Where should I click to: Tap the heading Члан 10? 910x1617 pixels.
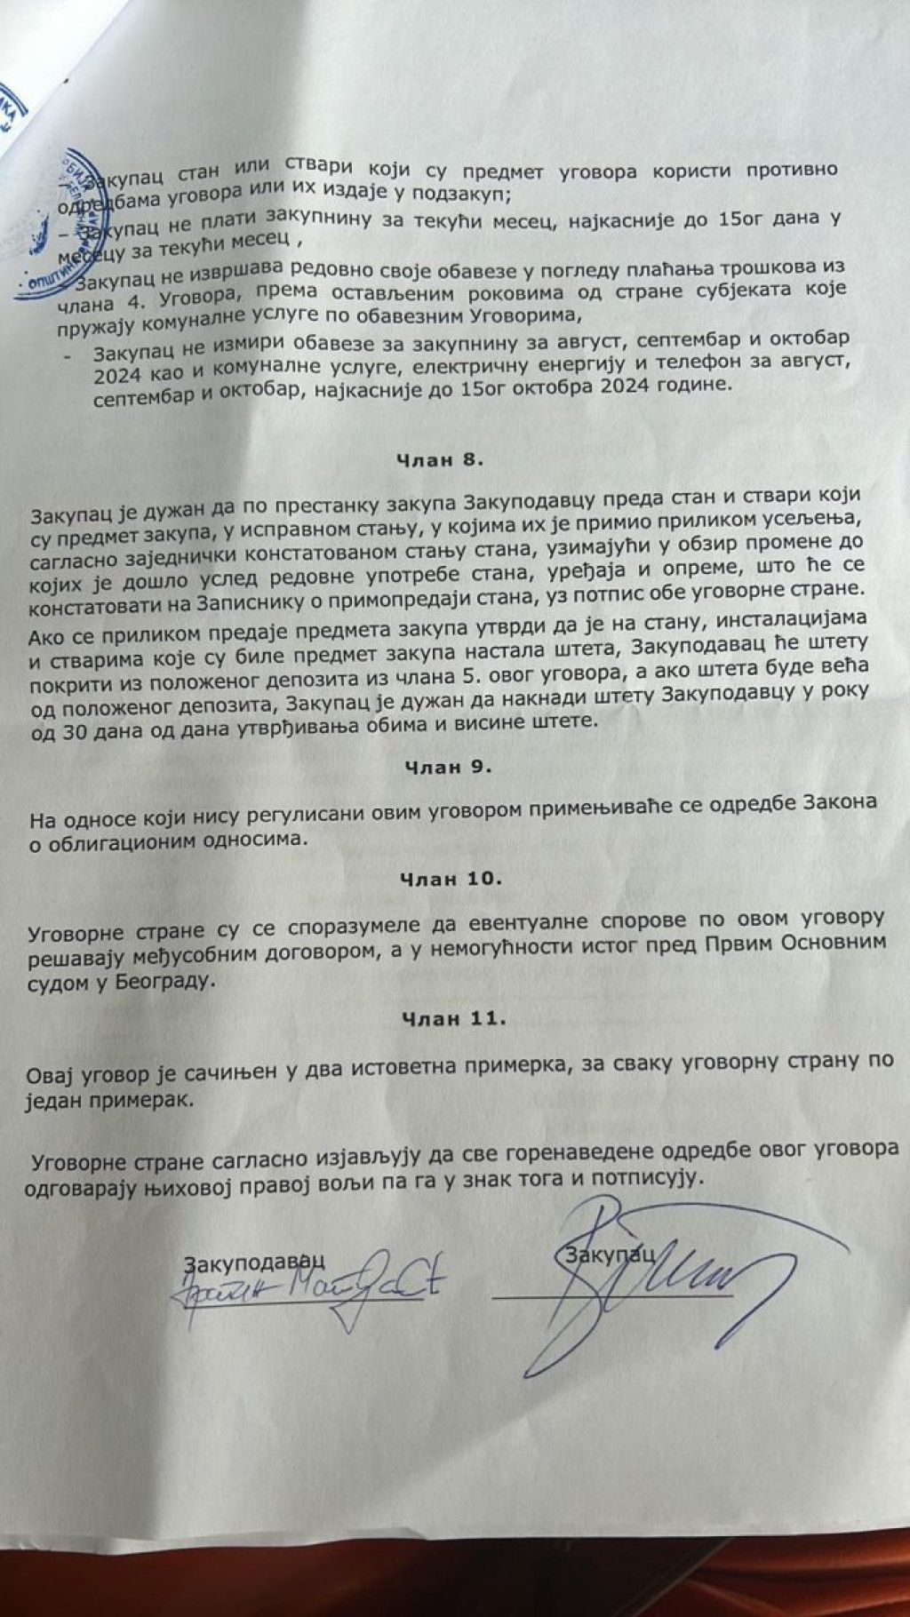coord(451,879)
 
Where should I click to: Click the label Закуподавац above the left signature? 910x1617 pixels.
coord(255,1260)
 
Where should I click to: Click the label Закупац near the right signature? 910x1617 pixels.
coord(610,1254)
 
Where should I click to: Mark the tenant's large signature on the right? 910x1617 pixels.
coord(640,1270)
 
